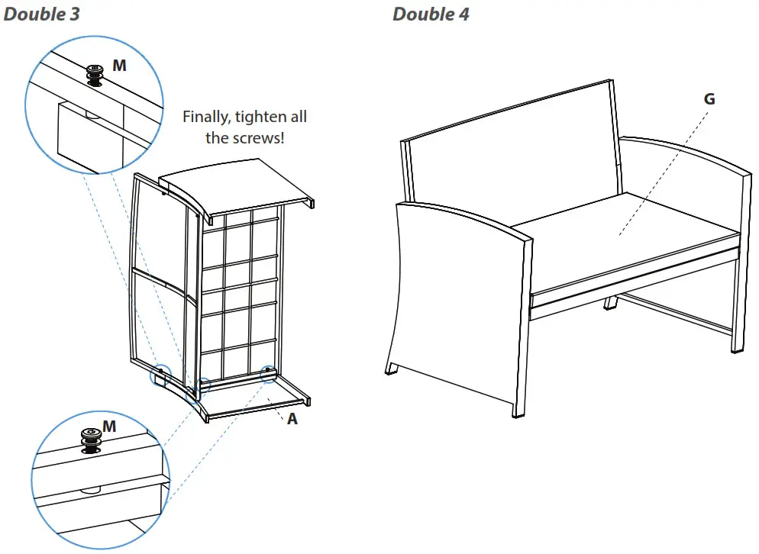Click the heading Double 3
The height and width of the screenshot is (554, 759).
pyautogui.click(x=41, y=14)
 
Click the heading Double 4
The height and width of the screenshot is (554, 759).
pyautogui.click(x=431, y=14)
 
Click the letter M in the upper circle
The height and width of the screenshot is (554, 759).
pyautogui.click(x=119, y=66)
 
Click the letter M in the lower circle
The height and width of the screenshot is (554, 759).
pyautogui.click(x=109, y=426)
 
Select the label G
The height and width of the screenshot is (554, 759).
pyautogui.click(x=709, y=98)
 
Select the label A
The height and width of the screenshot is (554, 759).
pyautogui.click(x=292, y=418)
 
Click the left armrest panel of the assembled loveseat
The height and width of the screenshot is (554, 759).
pyautogui.click(x=458, y=290)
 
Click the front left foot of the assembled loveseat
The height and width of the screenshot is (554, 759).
pyautogui.click(x=392, y=368)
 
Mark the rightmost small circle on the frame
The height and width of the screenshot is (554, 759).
pyautogui.click(x=269, y=373)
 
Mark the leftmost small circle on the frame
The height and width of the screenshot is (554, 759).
pyautogui.click(x=160, y=375)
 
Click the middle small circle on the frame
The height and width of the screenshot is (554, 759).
pyautogui.click(x=202, y=385)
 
